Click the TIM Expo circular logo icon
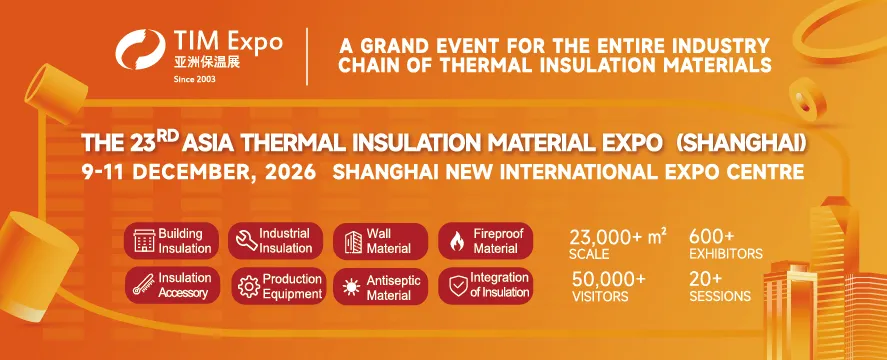tap(141, 49)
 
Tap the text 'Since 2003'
tap(194, 79)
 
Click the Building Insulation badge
tap(171, 241)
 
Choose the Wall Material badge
tap(380, 242)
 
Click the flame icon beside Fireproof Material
tap(457, 242)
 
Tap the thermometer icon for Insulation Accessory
tap(144, 285)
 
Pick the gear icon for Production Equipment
tap(249, 286)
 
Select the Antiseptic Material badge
tap(380, 286)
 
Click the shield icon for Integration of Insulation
tap(458, 286)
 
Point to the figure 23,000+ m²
tap(618, 237)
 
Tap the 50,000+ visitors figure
tap(608, 279)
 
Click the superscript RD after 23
tap(171, 136)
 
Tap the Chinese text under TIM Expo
tap(206, 62)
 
